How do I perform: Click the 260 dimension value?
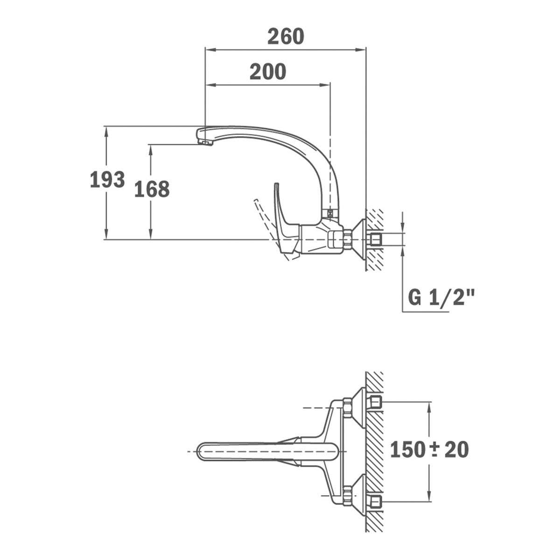(x=285, y=36)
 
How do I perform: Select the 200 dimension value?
(x=267, y=72)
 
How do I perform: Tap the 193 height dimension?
(x=107, y=180)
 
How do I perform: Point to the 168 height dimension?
(x=152, y=189)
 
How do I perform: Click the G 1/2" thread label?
(x=441, y=297)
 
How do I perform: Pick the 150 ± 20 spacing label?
(x=429, y=450)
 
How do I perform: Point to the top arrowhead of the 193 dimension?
(x=107, y=130)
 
